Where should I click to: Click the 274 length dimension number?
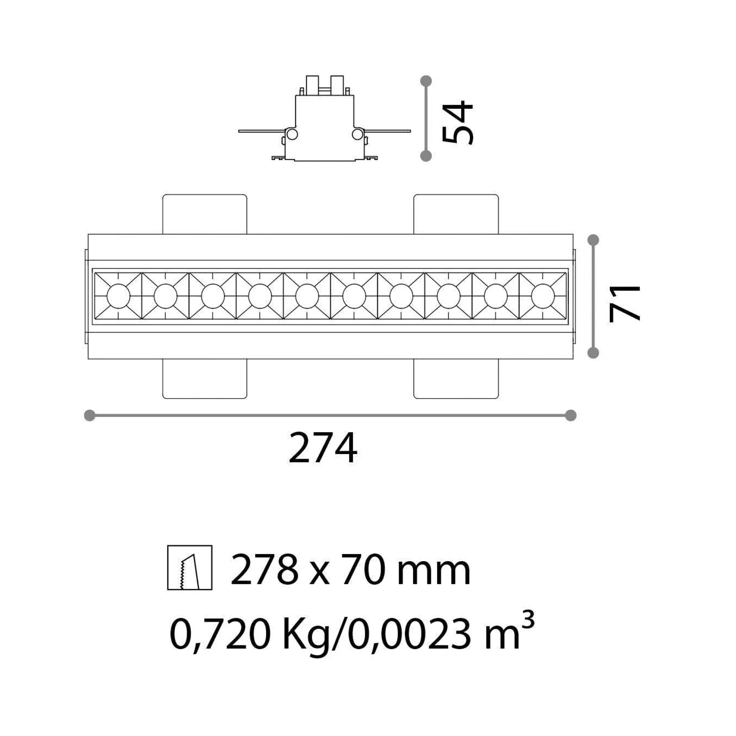tap(323, 448)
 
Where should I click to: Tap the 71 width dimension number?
tap(625, 303)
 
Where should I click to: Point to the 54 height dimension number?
tap(458, 122)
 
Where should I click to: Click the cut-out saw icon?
tap(190, 567)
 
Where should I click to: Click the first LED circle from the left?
tap(118, 296)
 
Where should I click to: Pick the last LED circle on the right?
tap(543, 296)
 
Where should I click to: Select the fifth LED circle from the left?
tap(307, 296)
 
